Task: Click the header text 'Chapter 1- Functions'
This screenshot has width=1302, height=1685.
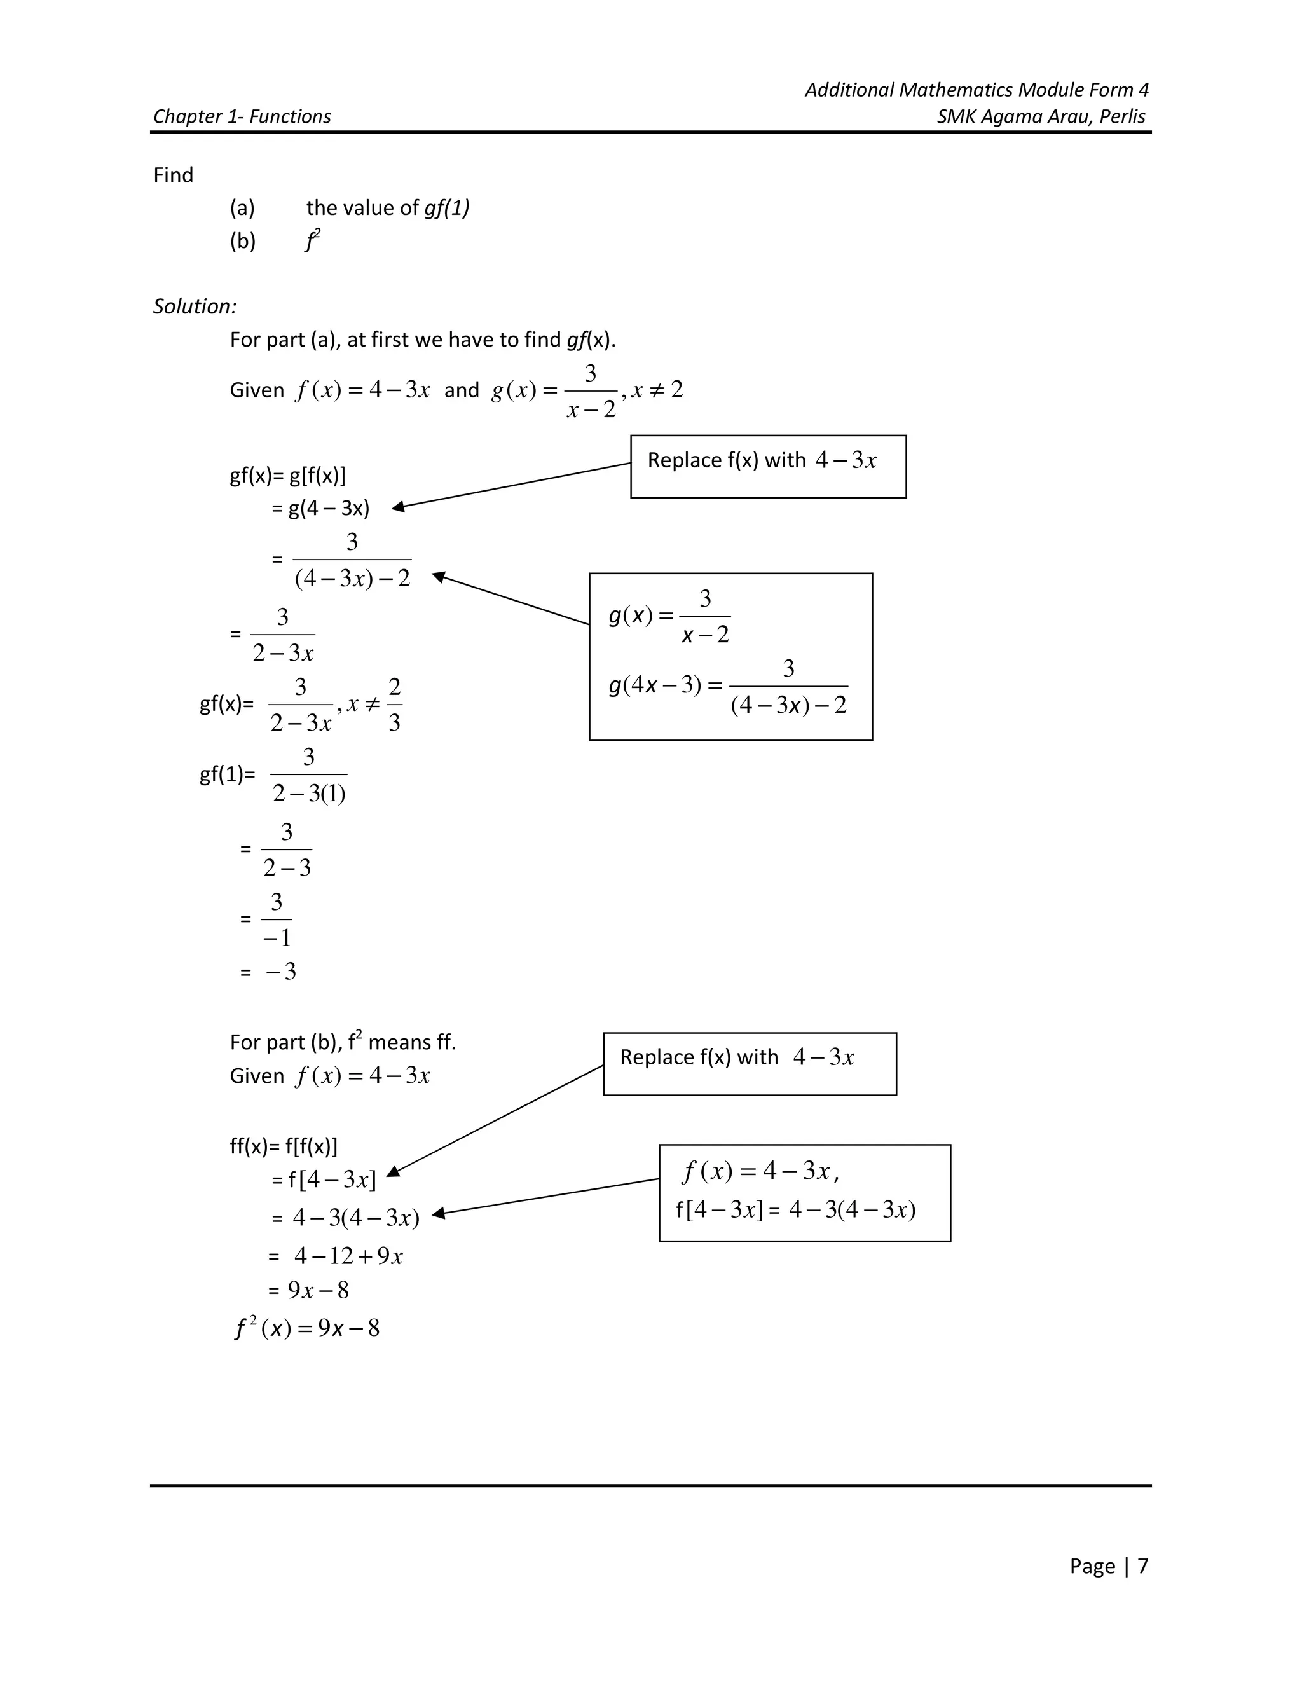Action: tap(242, 116)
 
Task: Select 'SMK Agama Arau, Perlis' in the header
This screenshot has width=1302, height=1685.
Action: tap(1041, 116)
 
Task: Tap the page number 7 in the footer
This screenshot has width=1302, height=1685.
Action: tap(1142, 1565)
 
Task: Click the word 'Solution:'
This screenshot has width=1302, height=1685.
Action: tap(195, 306)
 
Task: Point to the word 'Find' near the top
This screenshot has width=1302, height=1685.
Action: tap(173, 175)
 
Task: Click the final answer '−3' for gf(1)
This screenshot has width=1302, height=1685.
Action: tap(281, 972)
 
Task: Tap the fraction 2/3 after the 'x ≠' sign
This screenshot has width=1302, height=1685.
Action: tap(394, 705)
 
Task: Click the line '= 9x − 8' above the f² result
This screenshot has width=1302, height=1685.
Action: tap(308, 1290)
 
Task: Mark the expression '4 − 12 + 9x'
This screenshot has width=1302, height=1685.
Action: tap(348, 1256)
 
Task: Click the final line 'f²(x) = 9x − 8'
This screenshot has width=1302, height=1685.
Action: tap(307, 1328)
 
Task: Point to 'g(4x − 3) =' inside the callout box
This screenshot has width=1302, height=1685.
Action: tap(666, 685)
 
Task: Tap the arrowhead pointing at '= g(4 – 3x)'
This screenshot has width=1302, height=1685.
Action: tap(398, 507)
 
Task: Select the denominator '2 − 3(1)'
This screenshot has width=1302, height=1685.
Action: tap(308, 793)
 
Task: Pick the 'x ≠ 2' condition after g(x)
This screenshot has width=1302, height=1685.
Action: tap(656, 390)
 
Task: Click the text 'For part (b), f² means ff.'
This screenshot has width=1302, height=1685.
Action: tap(343, 1042)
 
